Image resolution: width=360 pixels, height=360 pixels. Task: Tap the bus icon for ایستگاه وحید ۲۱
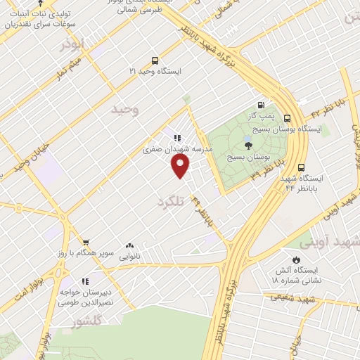click(155, 60)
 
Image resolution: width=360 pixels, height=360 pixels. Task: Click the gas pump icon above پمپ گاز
click(262, 103)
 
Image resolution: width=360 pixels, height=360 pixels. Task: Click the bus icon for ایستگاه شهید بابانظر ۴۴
click(301, 167)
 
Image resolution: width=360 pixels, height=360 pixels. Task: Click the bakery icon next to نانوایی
click(129, 246)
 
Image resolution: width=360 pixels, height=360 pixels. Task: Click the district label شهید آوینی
click(329, 243)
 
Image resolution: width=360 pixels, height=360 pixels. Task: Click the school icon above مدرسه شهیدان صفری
click(178, 138)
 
